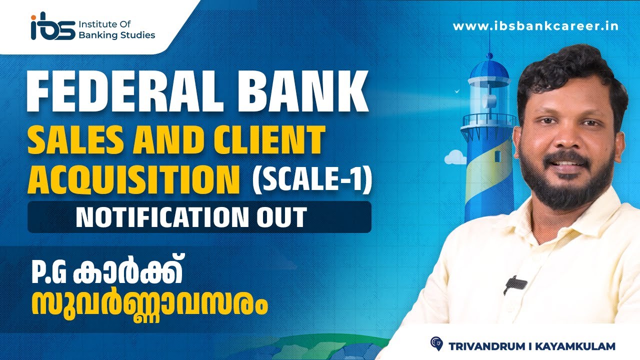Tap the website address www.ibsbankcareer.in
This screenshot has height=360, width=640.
pos(535,26)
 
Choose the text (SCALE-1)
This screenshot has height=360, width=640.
pos(312,180)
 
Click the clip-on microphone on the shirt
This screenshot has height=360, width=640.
pos(515,284)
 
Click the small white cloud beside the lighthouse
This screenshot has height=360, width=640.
pos(455,157)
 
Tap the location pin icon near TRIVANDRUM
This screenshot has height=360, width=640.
pos(436,343)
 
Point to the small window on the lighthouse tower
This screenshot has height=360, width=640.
pos(497,156)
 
